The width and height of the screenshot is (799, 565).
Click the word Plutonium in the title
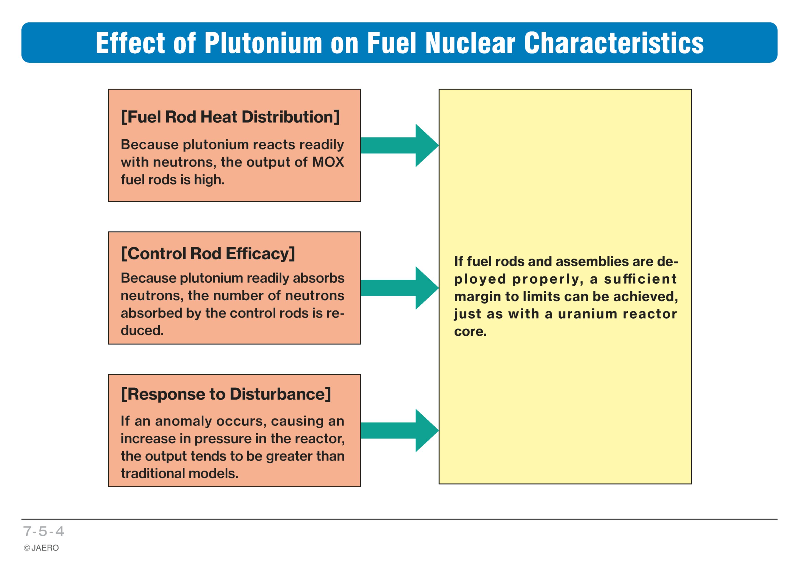click(263, 43)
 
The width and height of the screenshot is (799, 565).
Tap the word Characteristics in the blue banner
click(614, 43)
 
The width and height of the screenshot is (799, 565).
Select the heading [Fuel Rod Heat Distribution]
click(230, 117)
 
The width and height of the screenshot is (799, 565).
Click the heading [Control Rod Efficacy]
click(208, 254)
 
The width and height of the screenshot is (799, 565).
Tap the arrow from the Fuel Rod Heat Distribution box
click(399, 146)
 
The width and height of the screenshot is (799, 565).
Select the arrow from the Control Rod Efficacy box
click(399, 288)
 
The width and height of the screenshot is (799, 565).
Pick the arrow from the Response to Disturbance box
click(399, 431)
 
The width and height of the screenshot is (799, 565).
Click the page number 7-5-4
click(44, 531)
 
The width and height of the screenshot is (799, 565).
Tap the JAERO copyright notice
click(41, 548)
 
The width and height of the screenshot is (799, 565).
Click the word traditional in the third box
click(152, 473)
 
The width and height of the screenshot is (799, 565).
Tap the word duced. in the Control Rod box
click(142, 330)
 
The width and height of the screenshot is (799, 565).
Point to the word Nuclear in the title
click(471, 43)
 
